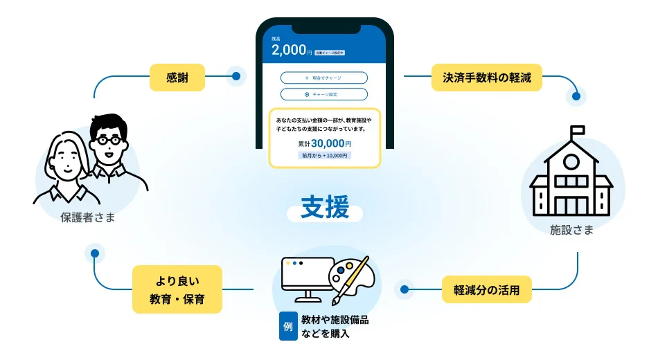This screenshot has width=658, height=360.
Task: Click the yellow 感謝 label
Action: pyautogui.click(x=177, y=77)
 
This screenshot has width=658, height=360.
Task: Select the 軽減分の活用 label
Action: pyautogui.click(x=487, y=289)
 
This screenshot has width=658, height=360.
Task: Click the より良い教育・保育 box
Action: pyautogui.click(x=177, y=289)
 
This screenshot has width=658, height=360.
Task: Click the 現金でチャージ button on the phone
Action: pyautogui.click(x=324, y=78)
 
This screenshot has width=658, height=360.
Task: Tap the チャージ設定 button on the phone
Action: pyautogui.click(x=324, y=94)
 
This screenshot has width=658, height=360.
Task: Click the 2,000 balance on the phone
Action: pyautogui.click(x=287, y=51)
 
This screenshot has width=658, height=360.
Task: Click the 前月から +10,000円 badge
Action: pyautogui.click(x=324, y=156)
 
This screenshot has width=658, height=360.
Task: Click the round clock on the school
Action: pyautogui.click(x=571, y=162)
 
